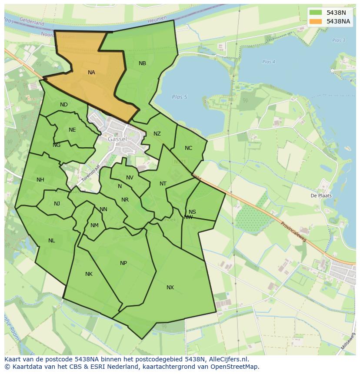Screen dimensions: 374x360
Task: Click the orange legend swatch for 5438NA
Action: [x=316, y=21]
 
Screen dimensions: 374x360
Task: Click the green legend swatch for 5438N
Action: [x=316, y=13]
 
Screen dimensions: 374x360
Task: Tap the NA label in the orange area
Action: [x=91, y=73]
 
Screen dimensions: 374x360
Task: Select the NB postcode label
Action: [x=142, y=63]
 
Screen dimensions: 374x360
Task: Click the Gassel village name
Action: [x=117, y=139]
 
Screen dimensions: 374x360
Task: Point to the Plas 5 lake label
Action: [x=179, y=97]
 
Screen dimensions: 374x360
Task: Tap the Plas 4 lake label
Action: [x=269, y=62]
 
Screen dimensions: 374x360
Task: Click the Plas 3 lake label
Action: [x=338, y=40]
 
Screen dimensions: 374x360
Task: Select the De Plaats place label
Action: [x=321, y=195]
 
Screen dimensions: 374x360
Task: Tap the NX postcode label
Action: [x=170, y=288]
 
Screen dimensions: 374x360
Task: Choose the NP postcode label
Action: [x=123, y=263]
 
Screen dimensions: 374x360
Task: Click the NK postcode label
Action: [x=89, y=274]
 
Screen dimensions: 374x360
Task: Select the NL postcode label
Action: [x=52, y=241]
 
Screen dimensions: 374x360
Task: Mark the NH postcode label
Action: [x=40, y=180]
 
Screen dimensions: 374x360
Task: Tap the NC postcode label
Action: [x=188, y=148]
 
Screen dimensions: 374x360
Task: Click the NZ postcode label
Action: [x=157, y=134]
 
